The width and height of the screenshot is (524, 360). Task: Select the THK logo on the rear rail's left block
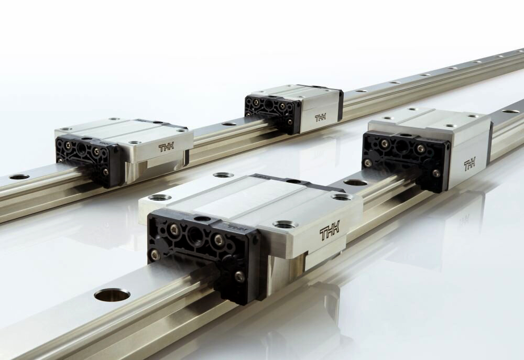pyautogui.click(x=168, y=148)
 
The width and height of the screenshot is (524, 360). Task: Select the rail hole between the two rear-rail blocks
pyautogui.click(x=229, y=124)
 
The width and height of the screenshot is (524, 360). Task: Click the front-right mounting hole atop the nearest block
pyautogui.click(x=286, y=224)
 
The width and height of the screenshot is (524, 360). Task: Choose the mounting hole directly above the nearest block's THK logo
pyautogui.click(x=342, y=197)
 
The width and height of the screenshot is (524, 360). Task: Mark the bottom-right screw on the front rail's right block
pyautogui.click(x=436, y=173)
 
